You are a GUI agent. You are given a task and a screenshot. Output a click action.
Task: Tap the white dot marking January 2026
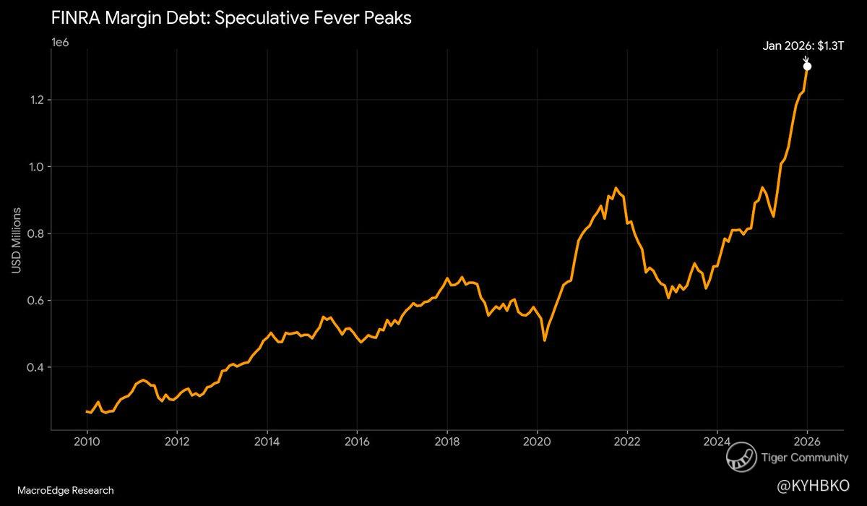click(x=807, y=67)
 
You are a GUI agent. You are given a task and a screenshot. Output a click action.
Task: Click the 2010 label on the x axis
click(x=87, y=441)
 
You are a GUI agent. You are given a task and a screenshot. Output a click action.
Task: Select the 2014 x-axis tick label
click(x=267, y=441)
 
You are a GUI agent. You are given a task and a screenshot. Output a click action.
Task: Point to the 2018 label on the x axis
click(x=447, y=441)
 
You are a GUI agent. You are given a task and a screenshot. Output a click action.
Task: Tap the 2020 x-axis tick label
click(x=537, y=441)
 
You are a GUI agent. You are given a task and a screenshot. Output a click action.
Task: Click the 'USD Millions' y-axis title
click(x=16, y=241)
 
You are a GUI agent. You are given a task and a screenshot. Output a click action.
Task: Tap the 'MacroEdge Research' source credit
click(x=61, y=491)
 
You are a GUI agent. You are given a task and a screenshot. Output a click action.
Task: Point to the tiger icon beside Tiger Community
click(x=741, y=458)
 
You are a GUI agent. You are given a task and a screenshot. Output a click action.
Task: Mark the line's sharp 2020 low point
click(x=544, y=340)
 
